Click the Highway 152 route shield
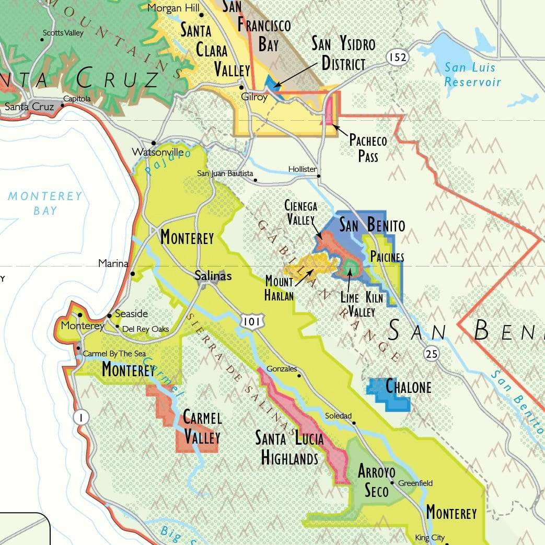click(x=398, y=57)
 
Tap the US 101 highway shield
click(x=251, y=322)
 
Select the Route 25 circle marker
click(x=431, y=354)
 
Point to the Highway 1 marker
click(x=81, y=416)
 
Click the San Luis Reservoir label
click(x=472, y=75)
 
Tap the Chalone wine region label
click(x=408, y=387)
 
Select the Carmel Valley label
click(x=202, y=427)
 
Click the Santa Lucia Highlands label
click(x=289, y=448)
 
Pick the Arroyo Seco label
click(x=374, y=481)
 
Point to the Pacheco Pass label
click(x=368, y=148)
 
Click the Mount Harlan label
click(x=279, y=288)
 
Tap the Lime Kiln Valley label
click(x=361, y=305)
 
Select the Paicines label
click(x=387, y=257)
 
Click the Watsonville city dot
click(x=154, y=143)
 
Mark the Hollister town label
click(x=302, y=169)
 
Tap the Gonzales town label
click(x=281, y=368)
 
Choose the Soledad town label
click(x=338, y=416)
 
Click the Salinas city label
click(x=213, y=275)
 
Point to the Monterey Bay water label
click(x=45, y=203)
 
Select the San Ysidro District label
click(x=343, y=53)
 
